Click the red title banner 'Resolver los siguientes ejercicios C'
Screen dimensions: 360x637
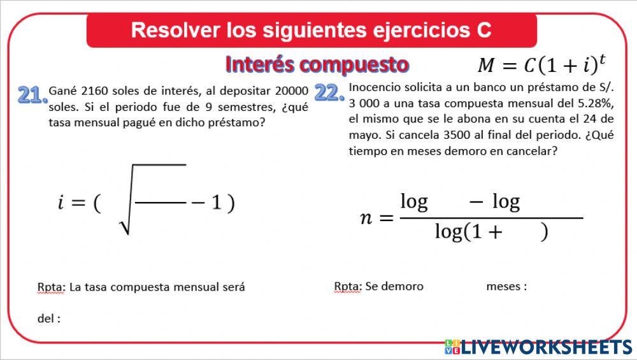coord(311,30)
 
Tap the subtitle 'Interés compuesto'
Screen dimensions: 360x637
coord(317,64)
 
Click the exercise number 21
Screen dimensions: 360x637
coord(32,95)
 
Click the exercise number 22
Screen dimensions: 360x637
coord(329,94)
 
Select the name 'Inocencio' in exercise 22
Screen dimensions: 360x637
coord(373,87)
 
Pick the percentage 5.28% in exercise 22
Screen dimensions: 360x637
coord(595,103)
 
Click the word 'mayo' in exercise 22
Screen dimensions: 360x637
coord(364,135)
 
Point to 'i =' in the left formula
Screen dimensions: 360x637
coord(70,203)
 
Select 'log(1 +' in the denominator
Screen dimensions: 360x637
coord(468,232)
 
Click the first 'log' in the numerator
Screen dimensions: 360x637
coord(414,202)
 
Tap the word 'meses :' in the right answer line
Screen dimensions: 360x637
coord(506,287)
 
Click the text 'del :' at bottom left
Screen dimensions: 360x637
coord(49,319)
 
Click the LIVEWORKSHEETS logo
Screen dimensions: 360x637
coord(538,347)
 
